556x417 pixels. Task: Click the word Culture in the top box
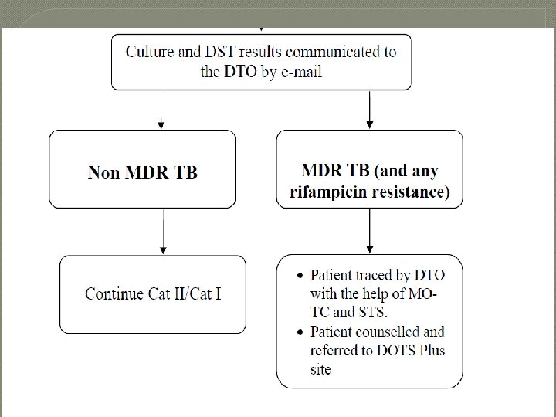point(150,52)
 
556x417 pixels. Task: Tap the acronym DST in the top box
point(220,52)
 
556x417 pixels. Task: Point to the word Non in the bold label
point(103,173)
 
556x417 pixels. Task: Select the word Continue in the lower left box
point(114,293)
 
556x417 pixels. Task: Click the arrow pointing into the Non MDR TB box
point(161,110)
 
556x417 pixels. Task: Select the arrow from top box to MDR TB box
point(369,110)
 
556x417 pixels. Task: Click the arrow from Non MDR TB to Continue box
point(163,232)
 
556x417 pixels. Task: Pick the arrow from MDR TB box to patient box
point(369,231)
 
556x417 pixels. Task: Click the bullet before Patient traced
point(300,276)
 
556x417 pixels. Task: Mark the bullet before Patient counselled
point(300,332)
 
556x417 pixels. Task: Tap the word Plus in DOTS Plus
point(432,351)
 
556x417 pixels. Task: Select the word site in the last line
point(320,369)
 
